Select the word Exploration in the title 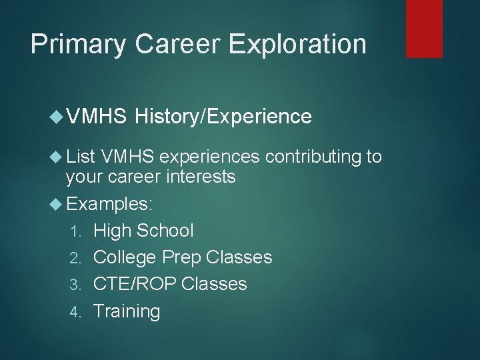297,45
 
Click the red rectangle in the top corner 425,28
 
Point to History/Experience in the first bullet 223,117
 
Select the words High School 143,231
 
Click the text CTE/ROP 135,284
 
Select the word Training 127,311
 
